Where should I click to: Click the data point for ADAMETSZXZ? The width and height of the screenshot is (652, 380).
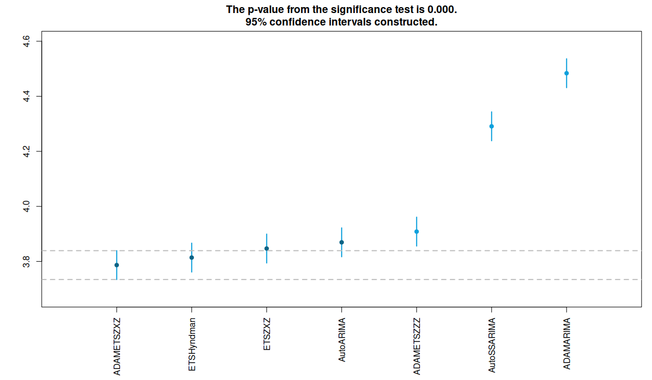(x=117, y=265)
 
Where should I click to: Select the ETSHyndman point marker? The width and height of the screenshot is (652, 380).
(x=192, y=258)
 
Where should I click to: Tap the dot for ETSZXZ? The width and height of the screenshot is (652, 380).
(x=267, y=249)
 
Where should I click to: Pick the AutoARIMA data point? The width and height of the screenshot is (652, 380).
(x=342, y=243)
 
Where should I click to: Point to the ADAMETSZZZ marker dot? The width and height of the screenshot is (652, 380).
(x=417, y=232)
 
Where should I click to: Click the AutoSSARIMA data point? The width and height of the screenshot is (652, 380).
(x=492, y=126)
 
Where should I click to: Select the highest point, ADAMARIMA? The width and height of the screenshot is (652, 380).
(x=567, y=73)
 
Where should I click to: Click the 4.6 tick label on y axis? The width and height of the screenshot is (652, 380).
(x=26, y=41)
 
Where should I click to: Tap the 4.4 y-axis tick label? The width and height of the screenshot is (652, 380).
(x=26, y=96)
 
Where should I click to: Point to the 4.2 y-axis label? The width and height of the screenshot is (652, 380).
(x=26, y=151)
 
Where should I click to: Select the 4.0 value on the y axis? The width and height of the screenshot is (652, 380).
(x=26, y=206)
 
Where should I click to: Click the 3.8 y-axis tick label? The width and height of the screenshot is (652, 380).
(x=26, y=261)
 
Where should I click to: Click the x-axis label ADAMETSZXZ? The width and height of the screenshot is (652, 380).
(x=117, y=347)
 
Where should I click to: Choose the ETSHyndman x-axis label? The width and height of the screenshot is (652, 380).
(x=192, y=345)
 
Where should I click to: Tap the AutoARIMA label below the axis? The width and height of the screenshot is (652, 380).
(x=342, y=340)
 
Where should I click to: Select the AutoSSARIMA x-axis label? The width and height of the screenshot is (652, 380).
(x=492, y=345)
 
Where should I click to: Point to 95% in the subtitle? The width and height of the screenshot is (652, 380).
(x=256, y=22)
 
